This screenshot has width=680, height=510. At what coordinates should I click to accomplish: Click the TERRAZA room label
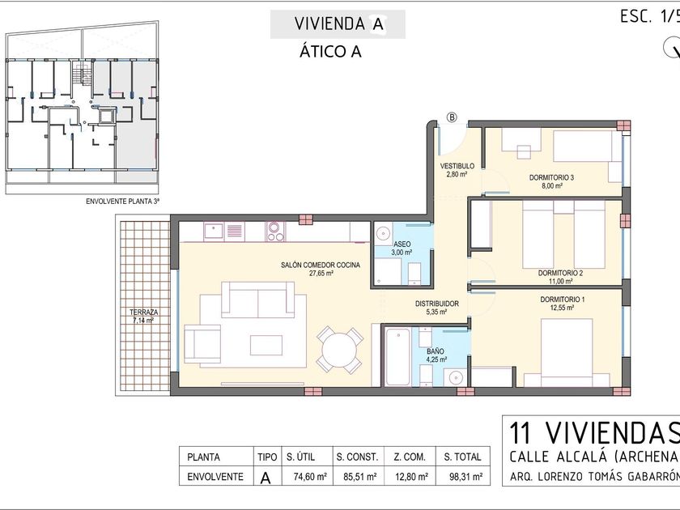143,312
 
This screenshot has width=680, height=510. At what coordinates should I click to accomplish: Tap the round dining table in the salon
339,351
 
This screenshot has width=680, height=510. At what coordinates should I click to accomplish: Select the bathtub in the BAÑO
397,357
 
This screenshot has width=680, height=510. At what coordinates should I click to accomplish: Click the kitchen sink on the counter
214,232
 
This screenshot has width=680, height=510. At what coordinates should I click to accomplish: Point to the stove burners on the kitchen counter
276,232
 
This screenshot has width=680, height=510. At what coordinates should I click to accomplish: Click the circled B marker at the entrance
453,117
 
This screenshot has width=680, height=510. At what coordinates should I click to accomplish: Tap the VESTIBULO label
457,166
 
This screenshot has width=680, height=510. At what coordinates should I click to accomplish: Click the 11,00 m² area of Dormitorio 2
561,281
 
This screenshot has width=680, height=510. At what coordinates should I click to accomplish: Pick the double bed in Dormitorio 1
567,352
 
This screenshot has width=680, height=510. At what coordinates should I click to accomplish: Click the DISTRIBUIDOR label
437,304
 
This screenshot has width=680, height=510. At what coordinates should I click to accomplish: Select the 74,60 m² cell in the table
310,477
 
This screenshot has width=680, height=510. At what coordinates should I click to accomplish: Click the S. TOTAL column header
463,457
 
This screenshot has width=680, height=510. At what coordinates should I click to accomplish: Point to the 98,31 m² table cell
466,477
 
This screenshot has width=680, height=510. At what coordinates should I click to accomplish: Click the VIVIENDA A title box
338,24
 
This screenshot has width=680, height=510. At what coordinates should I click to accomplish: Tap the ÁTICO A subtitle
330,52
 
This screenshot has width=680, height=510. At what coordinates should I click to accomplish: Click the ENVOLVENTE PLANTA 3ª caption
123,202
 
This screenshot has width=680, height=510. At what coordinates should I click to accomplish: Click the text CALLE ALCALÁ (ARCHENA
594,457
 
